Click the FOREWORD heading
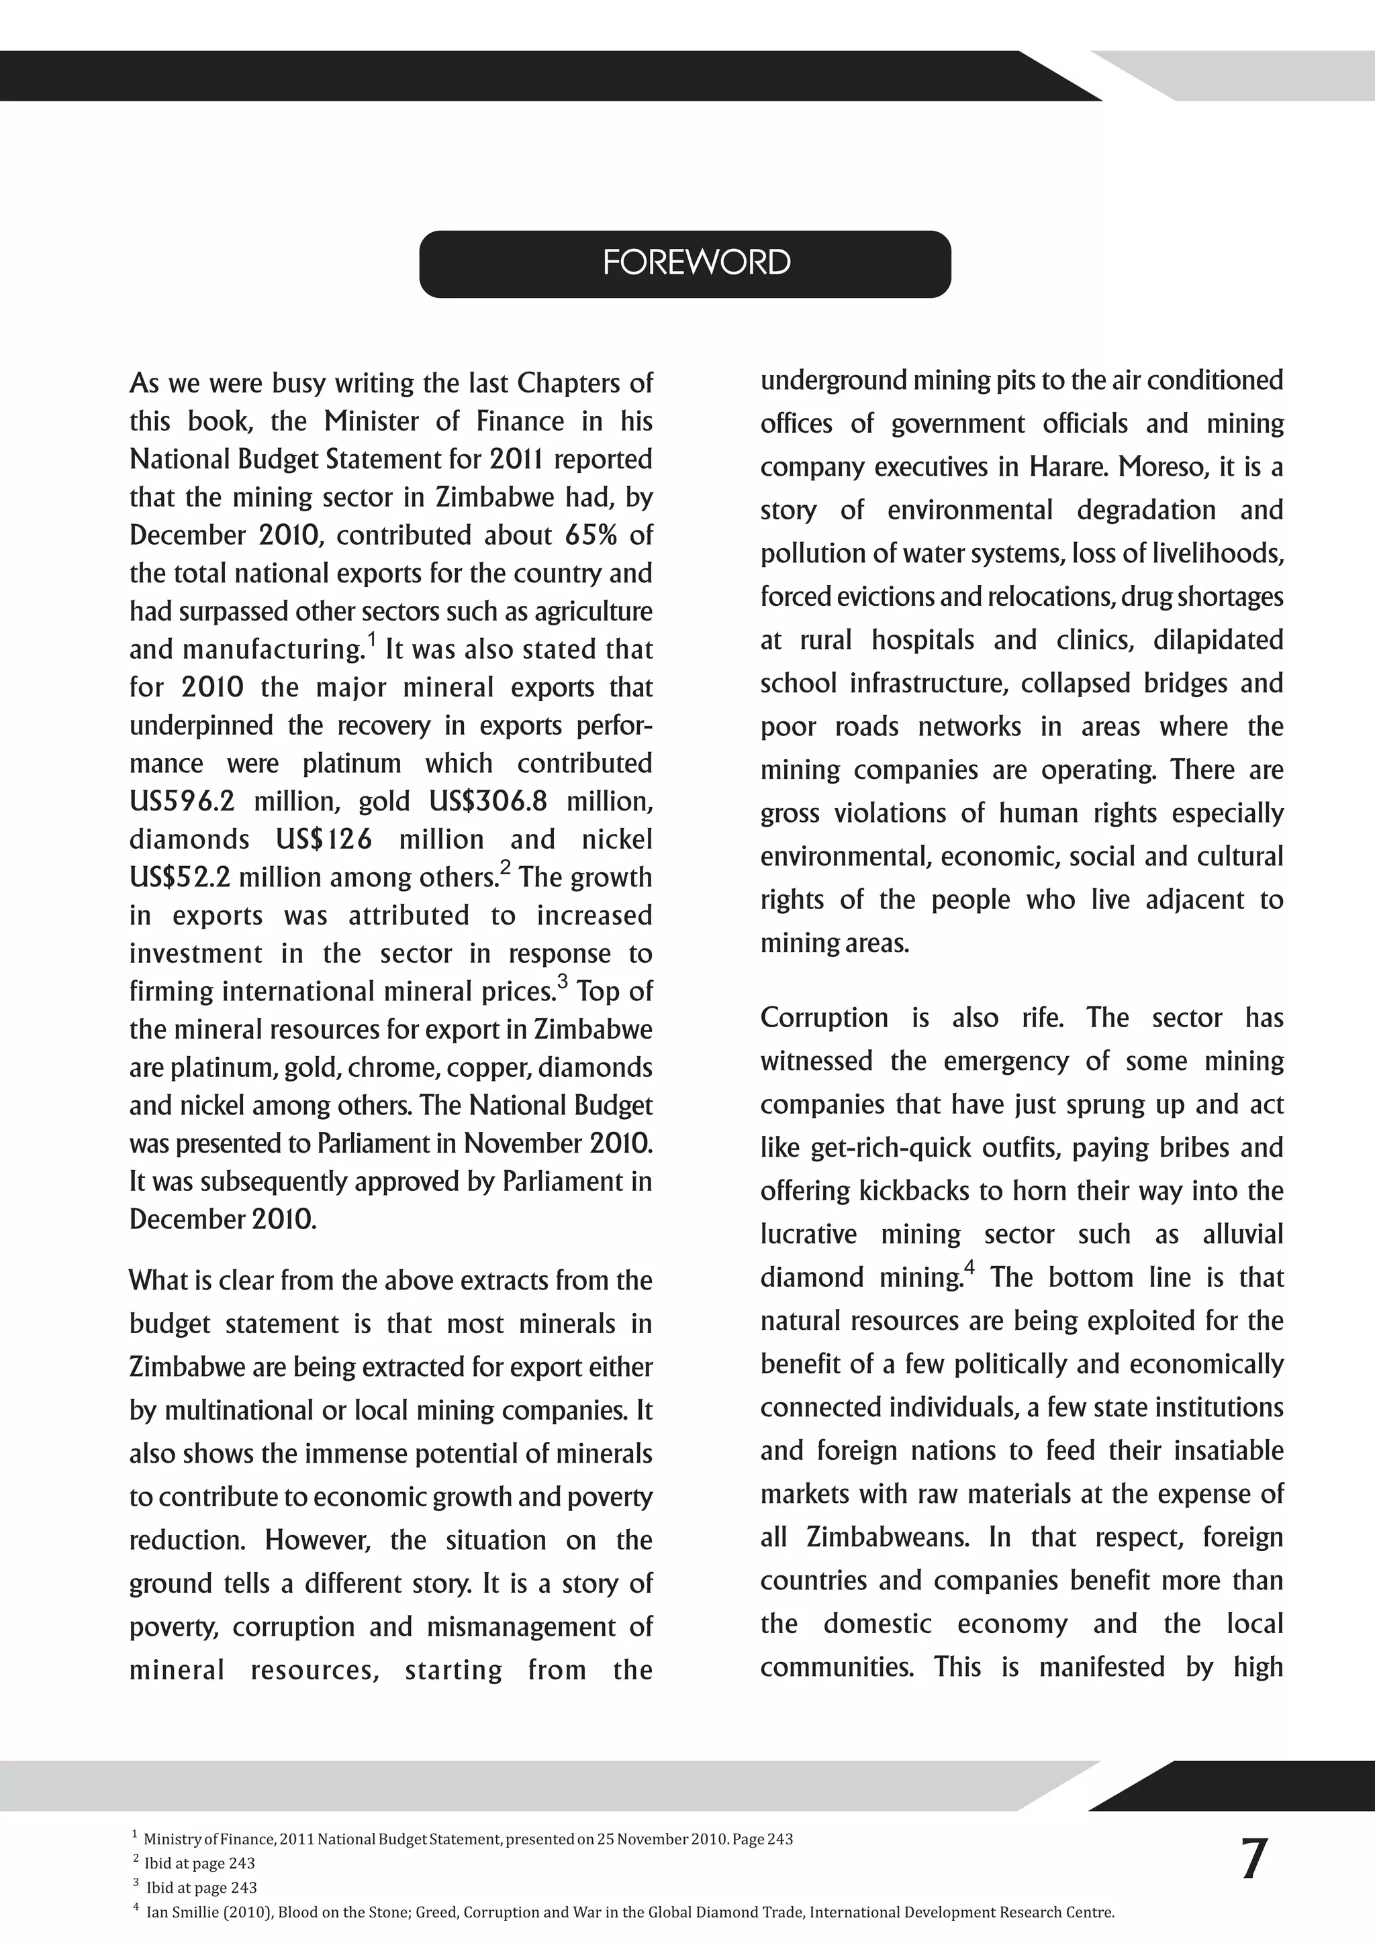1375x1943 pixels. (696, 263)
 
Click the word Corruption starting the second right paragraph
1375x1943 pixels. (824, 1018)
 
